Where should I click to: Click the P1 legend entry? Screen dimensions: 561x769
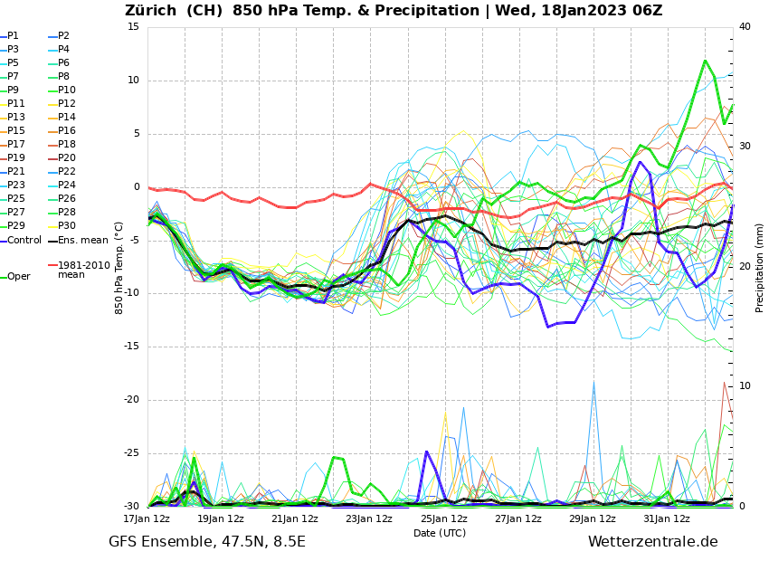coord(13,36)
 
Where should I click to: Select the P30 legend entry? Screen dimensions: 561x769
coord(67,226)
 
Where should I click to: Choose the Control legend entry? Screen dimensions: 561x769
coord(24,240)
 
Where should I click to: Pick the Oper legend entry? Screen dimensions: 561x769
coord(18,276)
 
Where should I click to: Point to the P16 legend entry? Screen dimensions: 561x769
coord(67,131)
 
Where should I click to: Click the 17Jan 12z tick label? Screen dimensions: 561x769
coord(147,518)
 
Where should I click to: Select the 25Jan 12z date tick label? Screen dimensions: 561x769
coord(444,518)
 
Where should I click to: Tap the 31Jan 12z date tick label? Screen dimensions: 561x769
coord(667,518)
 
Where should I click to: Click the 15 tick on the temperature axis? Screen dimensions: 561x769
coord(134,27)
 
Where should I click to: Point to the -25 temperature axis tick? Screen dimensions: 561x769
coord(131,453)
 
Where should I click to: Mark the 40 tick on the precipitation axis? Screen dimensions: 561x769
coord(745,27)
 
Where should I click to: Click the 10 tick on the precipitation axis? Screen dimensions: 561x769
coord(745,386)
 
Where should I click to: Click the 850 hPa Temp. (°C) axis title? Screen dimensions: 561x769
coord(119,267)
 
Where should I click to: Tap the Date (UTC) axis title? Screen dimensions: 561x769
coord(440,533)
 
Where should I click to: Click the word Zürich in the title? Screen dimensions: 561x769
coord(150,11)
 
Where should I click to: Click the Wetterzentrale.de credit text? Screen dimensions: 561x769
coord(652,542)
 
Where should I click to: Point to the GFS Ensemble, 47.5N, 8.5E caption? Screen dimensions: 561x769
coord(207,542)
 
